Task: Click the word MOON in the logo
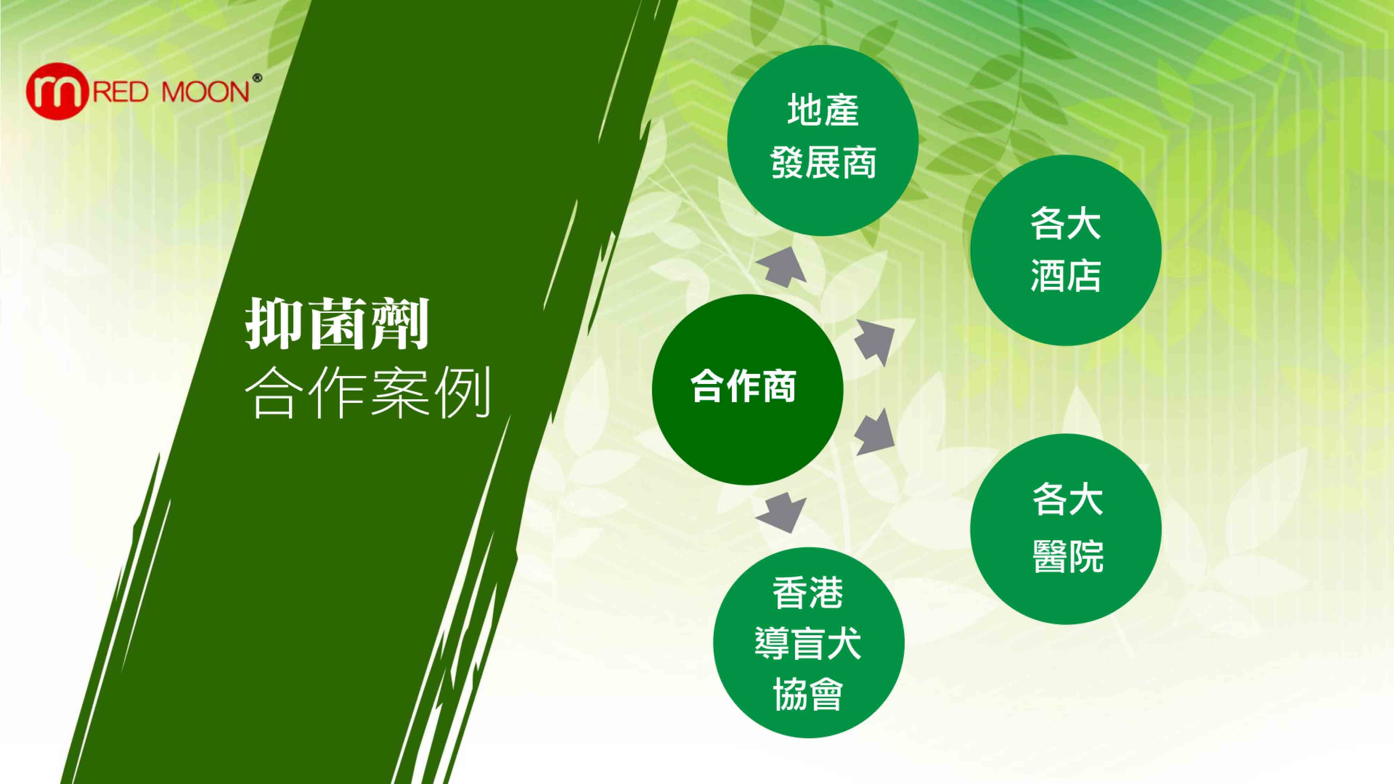click(x=206, y=92)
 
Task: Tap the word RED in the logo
click(x=121, y=92)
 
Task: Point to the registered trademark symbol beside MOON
click(x=257, y=78)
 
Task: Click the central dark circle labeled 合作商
click(x=747, y=390)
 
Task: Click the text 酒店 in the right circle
click(x=1065, y=275)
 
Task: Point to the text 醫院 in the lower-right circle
click(x=1068, y=556)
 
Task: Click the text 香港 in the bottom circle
click(x=808, y=592)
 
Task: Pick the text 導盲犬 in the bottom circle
click(x=808, y=643)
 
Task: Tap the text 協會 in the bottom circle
click(x=808, y=694)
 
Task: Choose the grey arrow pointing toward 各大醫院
click(x=874, y=433)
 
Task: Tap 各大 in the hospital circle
click(x=1068, y=499)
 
